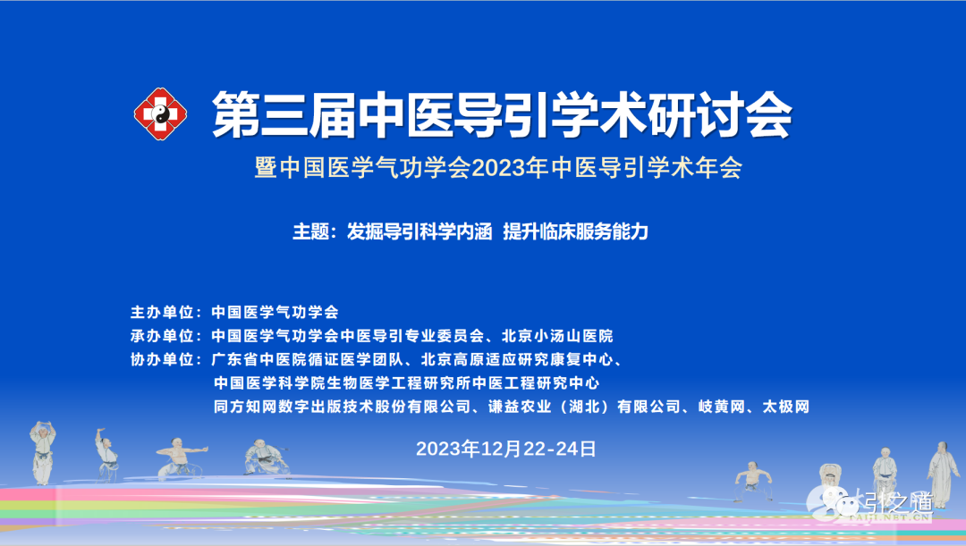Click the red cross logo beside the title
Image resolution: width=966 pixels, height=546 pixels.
pyautogui.click(x=161, y=113)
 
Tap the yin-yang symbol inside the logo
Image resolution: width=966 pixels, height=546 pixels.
pyautogui.click(x=161, y=113)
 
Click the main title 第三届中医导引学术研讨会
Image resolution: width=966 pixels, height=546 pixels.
pyautogui.click(x=502, y=114)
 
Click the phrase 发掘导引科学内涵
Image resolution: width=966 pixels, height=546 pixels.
pyautogui.click(x=419, y=231)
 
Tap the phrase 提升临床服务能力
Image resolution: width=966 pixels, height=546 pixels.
pyautogui.click(x=575, y=231)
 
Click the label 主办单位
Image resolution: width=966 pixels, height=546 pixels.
pyautogui.click(x=162, y=312)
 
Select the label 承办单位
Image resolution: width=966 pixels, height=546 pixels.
pyautogui.click(x=162, y=335)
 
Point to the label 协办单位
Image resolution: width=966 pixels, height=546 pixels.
pyautogui.click(x=162, y=359)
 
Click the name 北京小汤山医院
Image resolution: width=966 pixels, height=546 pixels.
pyautogui.click(x=557, y=335)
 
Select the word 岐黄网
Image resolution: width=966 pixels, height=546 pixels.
pyautogui.click(x=722, y=407)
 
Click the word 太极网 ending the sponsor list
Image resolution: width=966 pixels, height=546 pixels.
pyautogui.click(x=786, y=407)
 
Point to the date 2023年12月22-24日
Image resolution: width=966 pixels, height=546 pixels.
pyautogui.click(x=505, y=449)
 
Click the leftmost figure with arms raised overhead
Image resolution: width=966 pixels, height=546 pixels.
pyautogui.click(x=43, y=453)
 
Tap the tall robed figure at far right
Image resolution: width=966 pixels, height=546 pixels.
pyautogui.click(x=942, y=473)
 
